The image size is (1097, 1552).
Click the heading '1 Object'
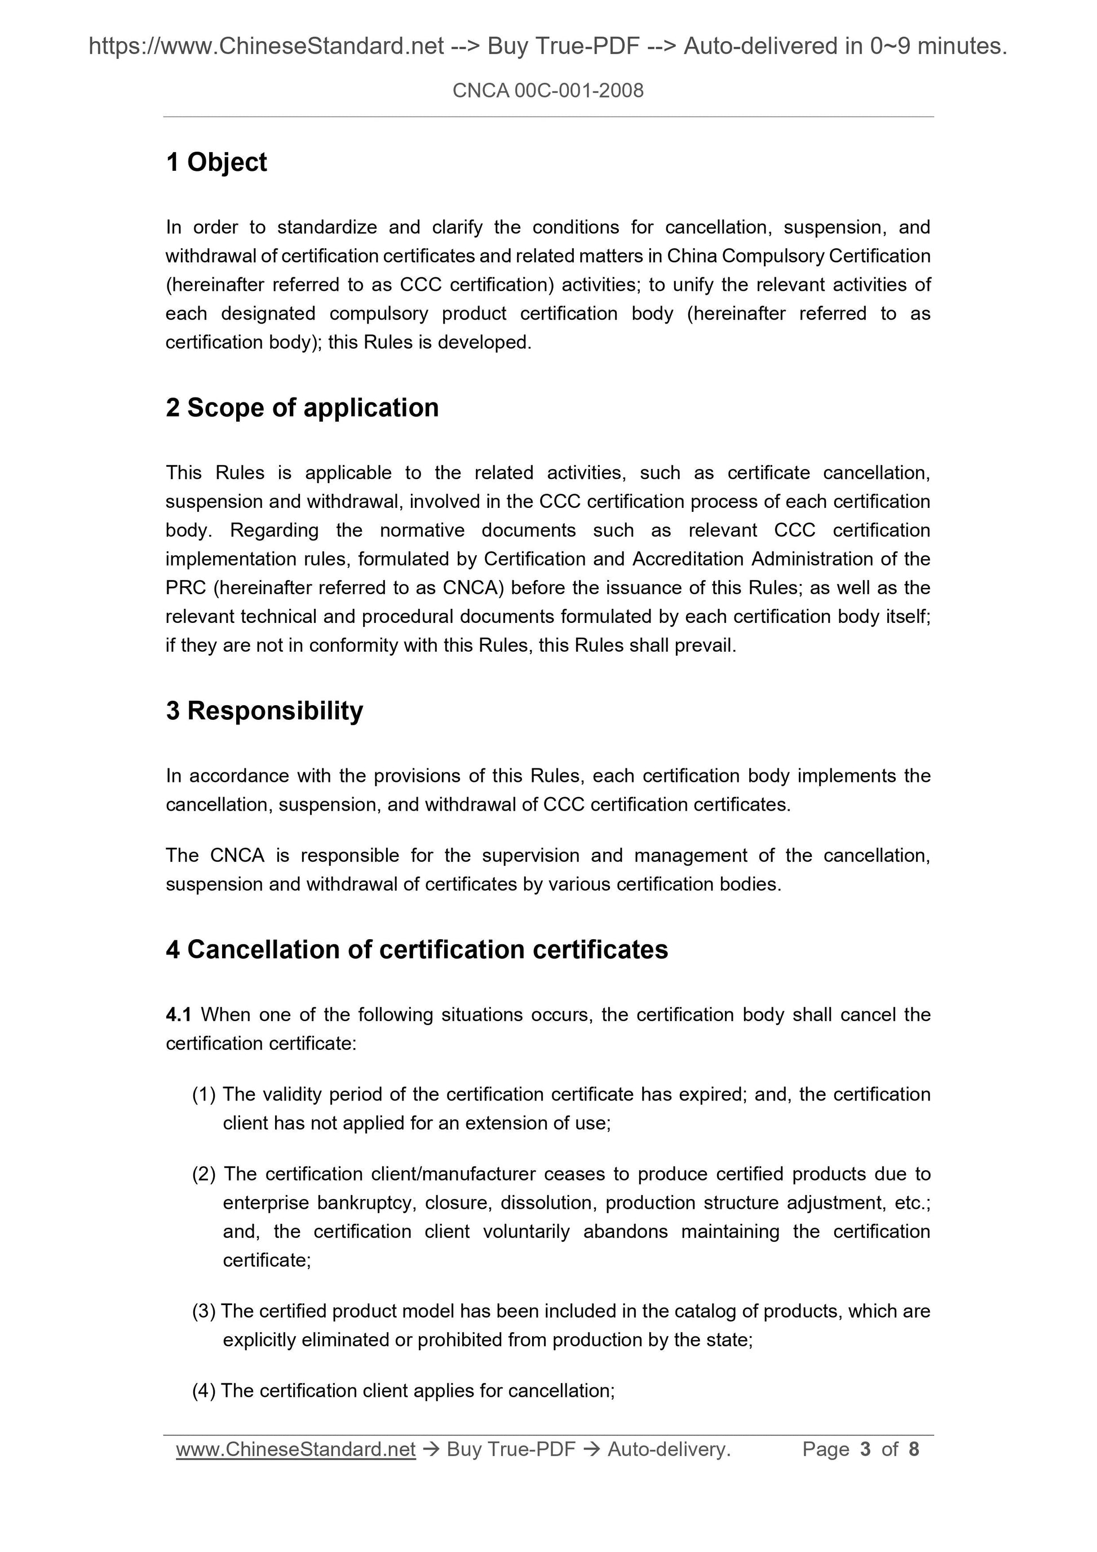[x=216, y=162]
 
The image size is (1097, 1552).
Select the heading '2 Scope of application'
[x=302, y=408]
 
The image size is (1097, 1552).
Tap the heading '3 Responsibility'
[x=264, y=710]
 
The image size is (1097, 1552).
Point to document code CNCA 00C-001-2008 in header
[x=547, y=91]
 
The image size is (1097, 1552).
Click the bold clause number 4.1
[x=179, y=1015]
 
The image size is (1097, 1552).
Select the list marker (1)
[x=204, y=1094]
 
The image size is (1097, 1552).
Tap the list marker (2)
[x=204, y=1174]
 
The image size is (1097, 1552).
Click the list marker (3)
[x=204, y=1311]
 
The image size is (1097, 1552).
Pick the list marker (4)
[x=204, y=1391]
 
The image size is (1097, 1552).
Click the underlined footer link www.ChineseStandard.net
[x=295, y=1449]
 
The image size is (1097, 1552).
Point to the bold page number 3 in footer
[x=866, y=1449]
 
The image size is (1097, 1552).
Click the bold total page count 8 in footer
[x=914, y=1449]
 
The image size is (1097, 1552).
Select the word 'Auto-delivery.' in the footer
[x=669, y=1449]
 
